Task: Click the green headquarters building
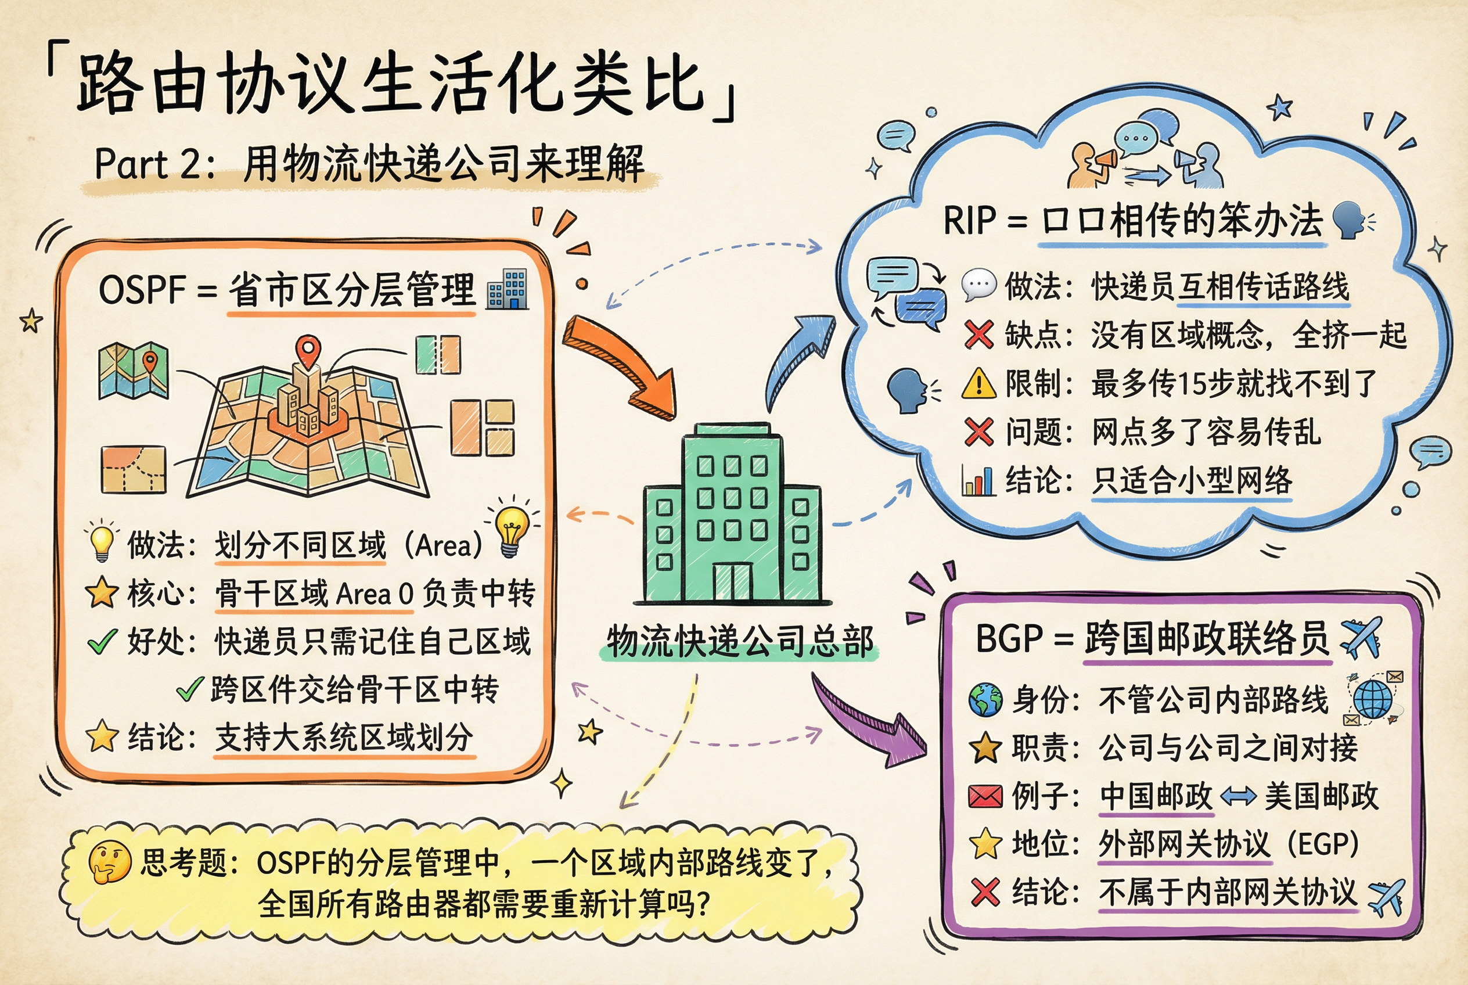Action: tap(732, 515)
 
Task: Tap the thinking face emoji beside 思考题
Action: tap(109, 862)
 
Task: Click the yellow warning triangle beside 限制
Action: tap(978, 383)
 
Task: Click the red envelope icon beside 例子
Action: tap(985, 797)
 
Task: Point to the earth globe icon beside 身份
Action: tap(985, 700)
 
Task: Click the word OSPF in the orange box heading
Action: tap(142, 290)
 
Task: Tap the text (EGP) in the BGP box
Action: tap(1323, 844)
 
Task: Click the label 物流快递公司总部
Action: tap(739, 642)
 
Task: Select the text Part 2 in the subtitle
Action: tap(148, 164)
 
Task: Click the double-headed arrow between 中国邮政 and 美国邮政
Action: tap(1237, 797)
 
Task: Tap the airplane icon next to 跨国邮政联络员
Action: tap(1361, 638)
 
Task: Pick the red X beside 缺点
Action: tap(978, 334)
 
